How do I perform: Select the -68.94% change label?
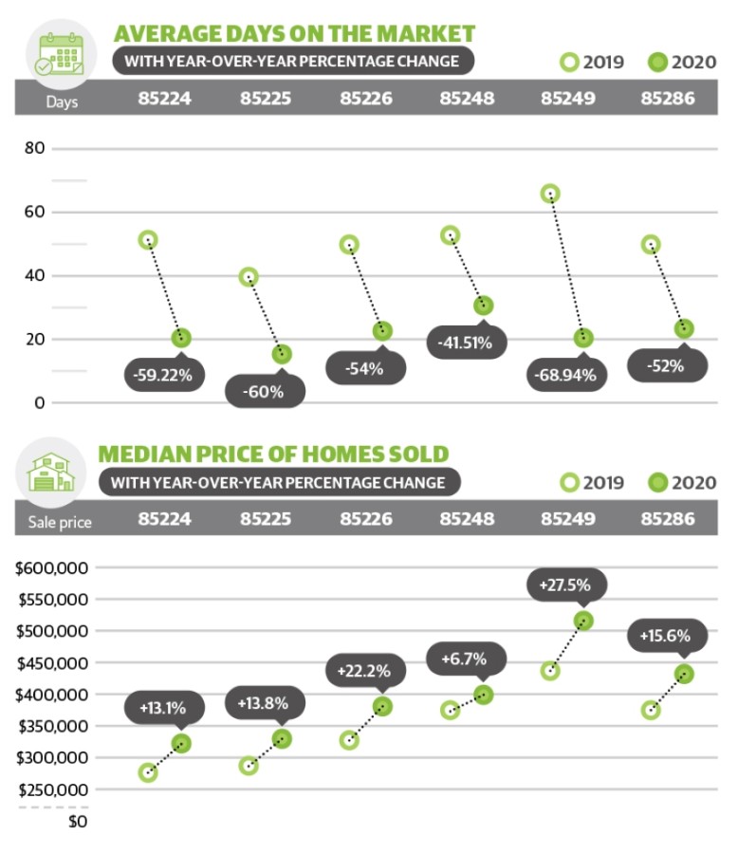click(x=566, y=375)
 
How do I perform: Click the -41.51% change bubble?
click(x=464, y=343)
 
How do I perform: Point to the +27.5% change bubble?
click(x=565, y=585)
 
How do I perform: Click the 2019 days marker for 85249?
click(x=550, y=194)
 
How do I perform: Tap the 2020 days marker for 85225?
click(x=282, y=354)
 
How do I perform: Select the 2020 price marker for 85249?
click(x=583, y=621)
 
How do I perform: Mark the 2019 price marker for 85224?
click(x=148, y=772)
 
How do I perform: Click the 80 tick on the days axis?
click(x=35, y=149)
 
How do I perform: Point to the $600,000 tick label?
click(x=53, y=568)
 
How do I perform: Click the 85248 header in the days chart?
click(x=465, y=98)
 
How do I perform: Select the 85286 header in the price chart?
click(x=668, y=519)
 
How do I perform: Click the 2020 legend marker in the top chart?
click(x=656, y=63)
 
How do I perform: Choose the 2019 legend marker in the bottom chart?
click(x=569, y=483)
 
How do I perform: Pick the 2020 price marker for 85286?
click(x=683, y=674)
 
